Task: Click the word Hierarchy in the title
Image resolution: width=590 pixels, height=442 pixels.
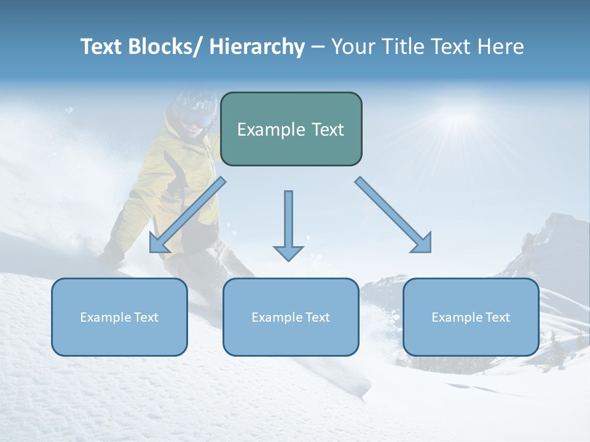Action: (x=257, y=47)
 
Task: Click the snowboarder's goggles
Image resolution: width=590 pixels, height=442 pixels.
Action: (x=200, y=115)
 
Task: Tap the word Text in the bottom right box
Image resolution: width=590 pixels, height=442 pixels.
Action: (x=498, y=317)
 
